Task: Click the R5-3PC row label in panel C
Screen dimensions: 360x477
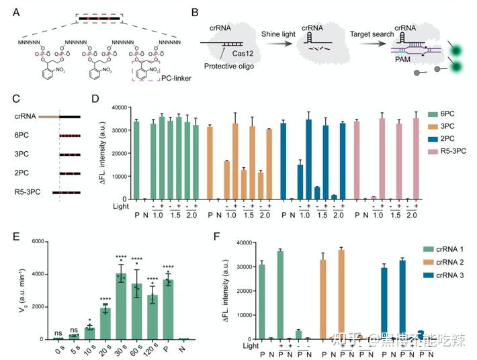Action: (28, 194)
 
